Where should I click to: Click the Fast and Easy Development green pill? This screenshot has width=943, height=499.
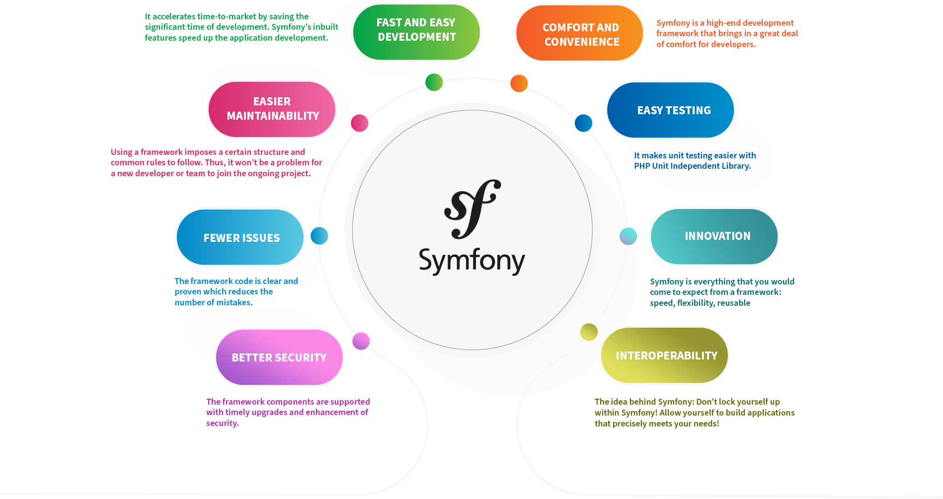point(416,32)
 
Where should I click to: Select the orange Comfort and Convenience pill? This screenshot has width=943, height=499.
point(580,33)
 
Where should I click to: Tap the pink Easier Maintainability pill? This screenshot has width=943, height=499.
point(272,109)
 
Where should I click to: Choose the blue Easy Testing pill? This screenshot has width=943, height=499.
point(670,110)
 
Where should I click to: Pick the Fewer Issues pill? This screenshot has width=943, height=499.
point(240,237)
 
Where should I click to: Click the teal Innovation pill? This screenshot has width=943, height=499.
point(714,236)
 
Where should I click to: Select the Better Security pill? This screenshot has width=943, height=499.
point(279,357)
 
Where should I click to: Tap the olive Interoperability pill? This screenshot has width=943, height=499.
point(664,355)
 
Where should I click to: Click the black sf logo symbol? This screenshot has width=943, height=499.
point(472,209)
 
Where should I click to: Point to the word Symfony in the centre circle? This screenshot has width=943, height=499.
point(472,261)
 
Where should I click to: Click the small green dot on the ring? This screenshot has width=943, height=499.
point(434,82)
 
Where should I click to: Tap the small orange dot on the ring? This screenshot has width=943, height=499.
point(519,83)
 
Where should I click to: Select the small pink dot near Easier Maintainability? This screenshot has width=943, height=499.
point(359,123)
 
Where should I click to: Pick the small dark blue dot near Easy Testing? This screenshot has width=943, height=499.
point(583,123)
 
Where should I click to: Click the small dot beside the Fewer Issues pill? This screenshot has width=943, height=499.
point(319,235)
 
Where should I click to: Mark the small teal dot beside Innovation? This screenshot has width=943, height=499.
point(628,236)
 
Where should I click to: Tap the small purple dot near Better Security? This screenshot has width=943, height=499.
point(361,341)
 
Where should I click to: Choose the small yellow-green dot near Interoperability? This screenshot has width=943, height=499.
point(589,332)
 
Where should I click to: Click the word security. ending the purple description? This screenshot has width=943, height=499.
point(223,423)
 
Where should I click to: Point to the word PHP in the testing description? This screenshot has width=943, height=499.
point(642,166)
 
